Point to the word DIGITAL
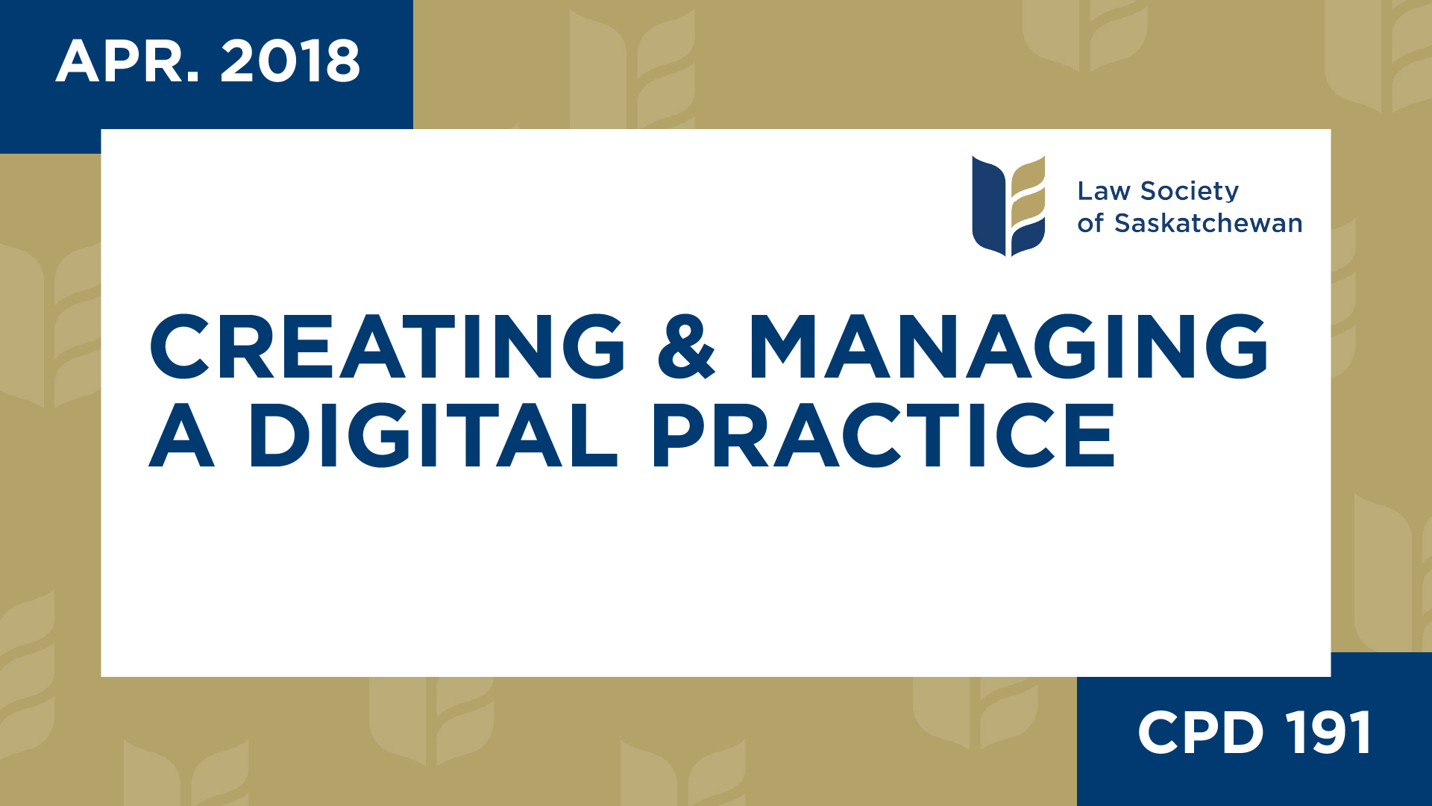coord(433,436)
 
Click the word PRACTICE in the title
coord(884,436)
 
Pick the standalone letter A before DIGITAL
coord(182,436)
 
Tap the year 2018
coord(290,61)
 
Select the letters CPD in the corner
coord(1200,733)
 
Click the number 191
coord(1328,733)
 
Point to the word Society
coord(1190,191)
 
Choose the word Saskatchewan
coord(1208,223)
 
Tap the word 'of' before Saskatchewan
coord(1090,223)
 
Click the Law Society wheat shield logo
coord(1008,205)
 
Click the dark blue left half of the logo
coord(988,205)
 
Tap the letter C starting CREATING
coord(180,346)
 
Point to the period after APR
coord(193,77)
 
